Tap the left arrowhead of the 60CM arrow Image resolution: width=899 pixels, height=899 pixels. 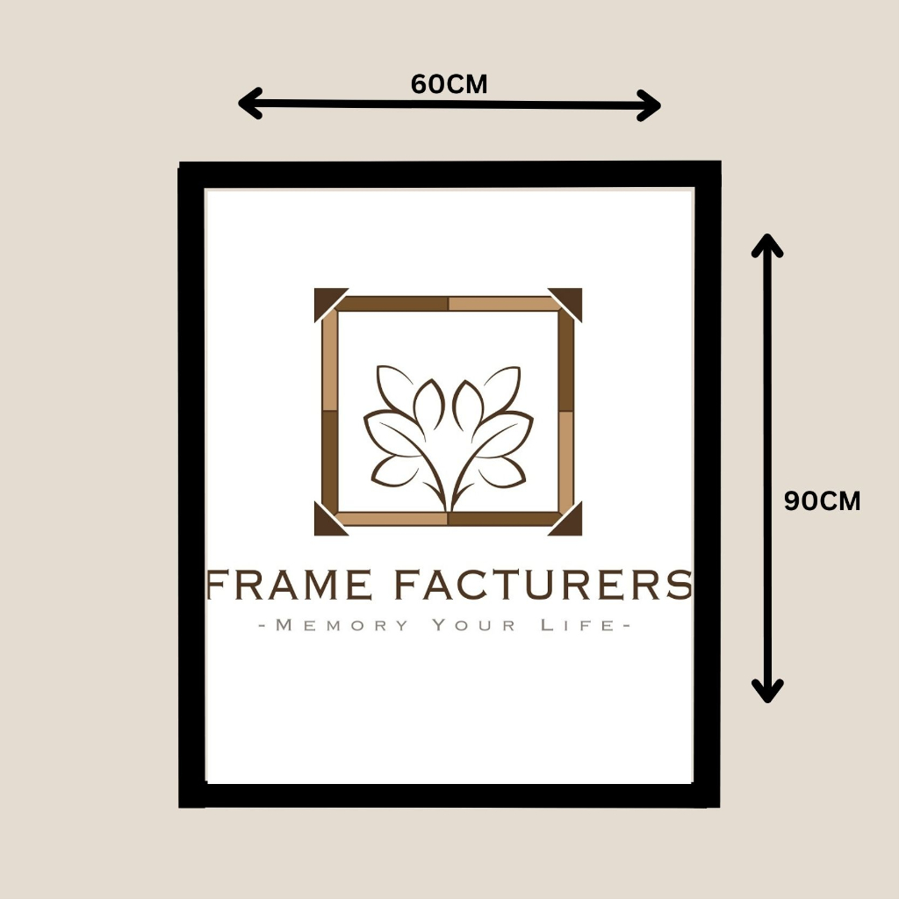coord(248,104)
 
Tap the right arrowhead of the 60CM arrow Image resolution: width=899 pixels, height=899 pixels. coord(651,105)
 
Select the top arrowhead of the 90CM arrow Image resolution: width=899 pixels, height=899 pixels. coord(767,244)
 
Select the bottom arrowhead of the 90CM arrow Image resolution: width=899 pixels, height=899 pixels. coord(768,691)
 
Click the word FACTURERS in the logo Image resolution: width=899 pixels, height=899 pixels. coord(543,585)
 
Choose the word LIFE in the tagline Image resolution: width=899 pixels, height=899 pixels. coord(575,626)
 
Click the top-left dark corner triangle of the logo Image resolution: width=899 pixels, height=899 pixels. coord(325,299)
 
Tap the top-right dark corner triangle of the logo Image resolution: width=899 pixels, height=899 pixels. coord(571,298)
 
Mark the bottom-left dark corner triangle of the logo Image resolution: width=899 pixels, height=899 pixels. coord(325,524)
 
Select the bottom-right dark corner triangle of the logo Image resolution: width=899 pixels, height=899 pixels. coord(571,524)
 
